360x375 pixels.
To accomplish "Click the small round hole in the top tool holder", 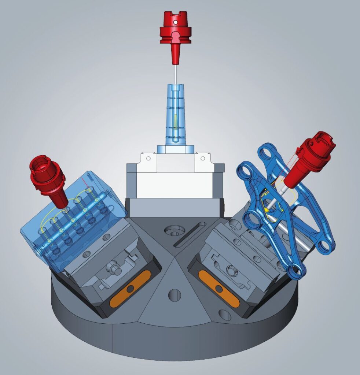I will (175, 23).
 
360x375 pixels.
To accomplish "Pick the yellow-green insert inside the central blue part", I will (176, 120).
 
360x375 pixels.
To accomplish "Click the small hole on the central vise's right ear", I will (202, 158).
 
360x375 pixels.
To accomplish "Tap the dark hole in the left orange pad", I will (129, 289).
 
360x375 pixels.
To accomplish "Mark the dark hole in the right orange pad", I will (219, 289).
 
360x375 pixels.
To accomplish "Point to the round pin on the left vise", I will (117, 270).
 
